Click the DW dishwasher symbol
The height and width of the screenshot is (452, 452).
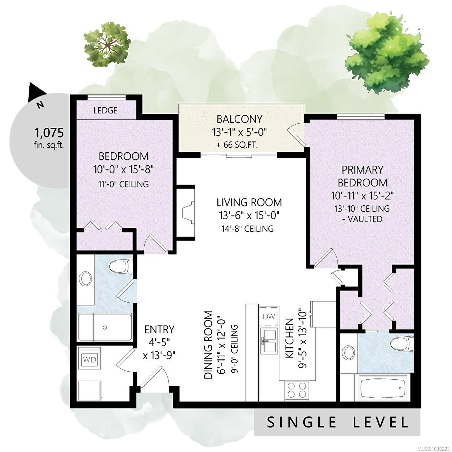269,316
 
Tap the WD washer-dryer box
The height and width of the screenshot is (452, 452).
90,360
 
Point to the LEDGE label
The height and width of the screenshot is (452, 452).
105,110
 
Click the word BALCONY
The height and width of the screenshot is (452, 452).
239,119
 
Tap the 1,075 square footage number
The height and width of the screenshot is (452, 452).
49,133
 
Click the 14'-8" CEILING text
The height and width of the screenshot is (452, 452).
248,229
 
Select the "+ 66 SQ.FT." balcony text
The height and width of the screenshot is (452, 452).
237,145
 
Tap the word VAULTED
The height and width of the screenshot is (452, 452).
365,219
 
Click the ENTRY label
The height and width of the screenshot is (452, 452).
159,330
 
